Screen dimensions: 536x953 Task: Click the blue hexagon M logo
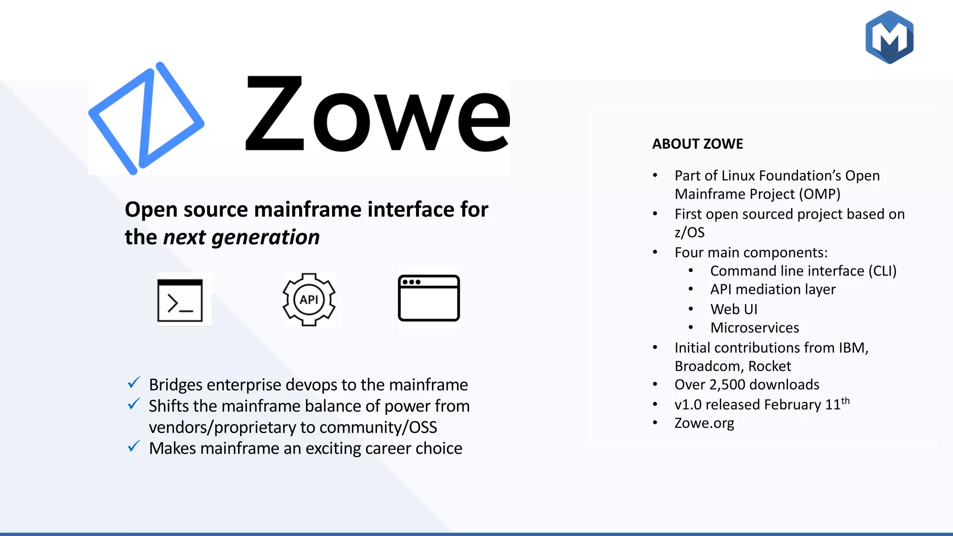click(889, 37)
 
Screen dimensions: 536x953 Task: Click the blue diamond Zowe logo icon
click(146, 118)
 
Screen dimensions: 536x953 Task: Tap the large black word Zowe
click(377, 114)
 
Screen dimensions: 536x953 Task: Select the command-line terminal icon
click(180, 300)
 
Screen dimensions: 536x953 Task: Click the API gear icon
click(309, 299)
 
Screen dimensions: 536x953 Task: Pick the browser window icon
click(429, 298)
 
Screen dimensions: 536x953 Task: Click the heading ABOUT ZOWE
click(697, 144)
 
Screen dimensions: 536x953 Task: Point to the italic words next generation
click(242, 237)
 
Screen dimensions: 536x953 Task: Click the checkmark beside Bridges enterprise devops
click(134, 383)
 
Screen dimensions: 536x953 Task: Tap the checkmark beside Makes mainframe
click(134, 447)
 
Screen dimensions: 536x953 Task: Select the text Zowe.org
click(704, 423)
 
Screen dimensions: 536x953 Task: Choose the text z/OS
click(689, 232)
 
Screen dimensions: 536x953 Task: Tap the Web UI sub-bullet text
click(734, 309)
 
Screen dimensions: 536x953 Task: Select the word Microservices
click(754, 328)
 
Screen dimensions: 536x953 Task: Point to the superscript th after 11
click(845, 401)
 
